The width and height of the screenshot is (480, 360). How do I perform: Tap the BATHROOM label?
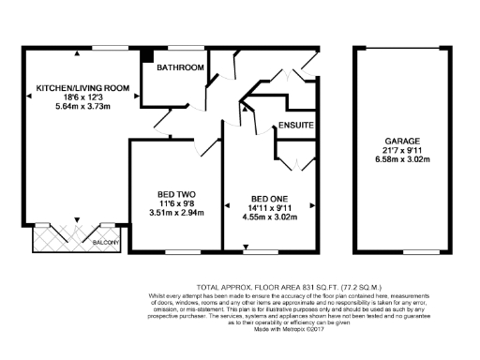pos(180,68)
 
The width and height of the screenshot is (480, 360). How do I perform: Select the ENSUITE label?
pos(295,126)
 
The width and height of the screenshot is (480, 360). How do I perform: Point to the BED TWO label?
pos(175,196)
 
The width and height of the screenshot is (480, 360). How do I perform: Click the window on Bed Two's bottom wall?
pos(175,252)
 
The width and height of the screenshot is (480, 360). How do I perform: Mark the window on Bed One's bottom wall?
pos(255,252)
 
